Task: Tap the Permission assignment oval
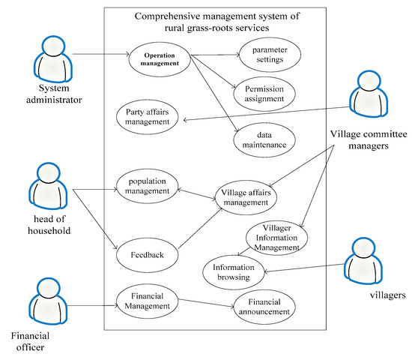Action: [x=264, y=94]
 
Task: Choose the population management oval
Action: [x=148, y=186]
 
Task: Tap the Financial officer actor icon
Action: [x=44, y=303]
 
